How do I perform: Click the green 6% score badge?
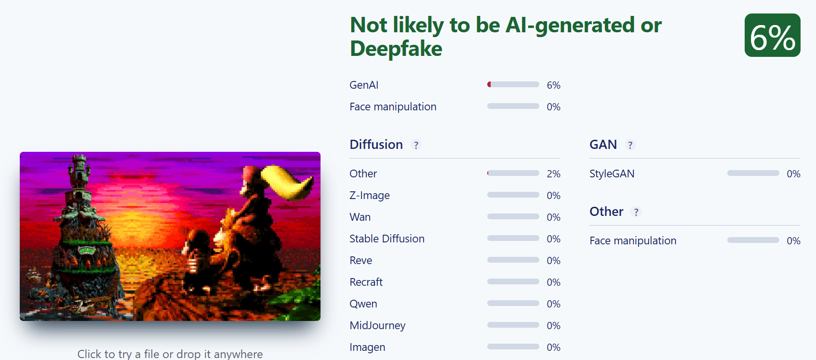click(772, 35)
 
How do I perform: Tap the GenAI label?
click(364, 85)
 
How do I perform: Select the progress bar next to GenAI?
click(513, 84)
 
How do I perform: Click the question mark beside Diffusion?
click(416, 145)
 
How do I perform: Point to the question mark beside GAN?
click(630, 145)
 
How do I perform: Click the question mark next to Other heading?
click(636, 212)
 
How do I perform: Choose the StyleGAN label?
click(612, 173)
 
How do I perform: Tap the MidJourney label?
click(377, 325)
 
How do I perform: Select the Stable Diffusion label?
click(387, 239)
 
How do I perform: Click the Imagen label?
click(367, 347)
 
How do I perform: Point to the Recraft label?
click(366, 282)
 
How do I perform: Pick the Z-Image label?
click(369, 195)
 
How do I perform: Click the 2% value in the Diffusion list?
click(553, 174)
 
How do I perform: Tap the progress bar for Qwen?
click(513, 303)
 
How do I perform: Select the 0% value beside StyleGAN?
click(793, 174)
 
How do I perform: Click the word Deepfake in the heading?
click(396, 49)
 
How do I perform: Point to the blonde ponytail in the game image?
click(287, 182)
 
